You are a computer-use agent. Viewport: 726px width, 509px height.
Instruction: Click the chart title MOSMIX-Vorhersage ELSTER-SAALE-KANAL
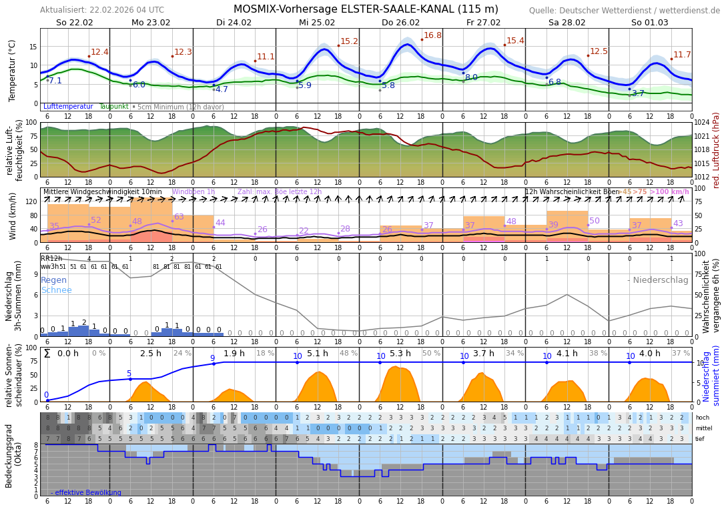(366, 9)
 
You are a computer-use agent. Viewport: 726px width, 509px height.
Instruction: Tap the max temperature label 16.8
(432, 35)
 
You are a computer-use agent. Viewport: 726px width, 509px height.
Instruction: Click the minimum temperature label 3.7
(638, 93)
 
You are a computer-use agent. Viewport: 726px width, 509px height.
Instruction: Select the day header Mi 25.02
(317, 22)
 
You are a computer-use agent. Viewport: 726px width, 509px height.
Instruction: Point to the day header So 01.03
(649, 22)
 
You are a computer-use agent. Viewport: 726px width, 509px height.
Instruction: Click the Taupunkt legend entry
(113, 106)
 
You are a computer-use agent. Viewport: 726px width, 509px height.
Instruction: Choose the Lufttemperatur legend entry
(68, 106)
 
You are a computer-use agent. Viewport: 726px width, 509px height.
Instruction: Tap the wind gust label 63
(179, 217)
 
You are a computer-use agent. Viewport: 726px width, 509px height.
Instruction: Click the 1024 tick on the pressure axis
(701, 123)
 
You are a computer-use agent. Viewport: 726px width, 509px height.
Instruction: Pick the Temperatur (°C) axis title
(12, 70)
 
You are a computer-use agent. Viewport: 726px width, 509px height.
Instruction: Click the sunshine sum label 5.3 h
(400, 354)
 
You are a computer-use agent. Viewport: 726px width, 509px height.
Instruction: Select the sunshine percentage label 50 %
(431, 354)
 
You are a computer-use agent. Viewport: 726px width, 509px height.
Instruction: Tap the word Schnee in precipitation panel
(56, 290)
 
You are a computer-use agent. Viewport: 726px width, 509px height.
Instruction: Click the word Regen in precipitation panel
(54, 280)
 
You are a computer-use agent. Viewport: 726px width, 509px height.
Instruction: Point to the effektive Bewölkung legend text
(86, 492)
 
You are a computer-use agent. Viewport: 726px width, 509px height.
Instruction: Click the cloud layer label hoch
(702, 418)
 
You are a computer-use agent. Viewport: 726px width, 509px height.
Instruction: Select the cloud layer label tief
(700, 439)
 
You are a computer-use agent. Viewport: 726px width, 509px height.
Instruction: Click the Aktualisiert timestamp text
(101, 10)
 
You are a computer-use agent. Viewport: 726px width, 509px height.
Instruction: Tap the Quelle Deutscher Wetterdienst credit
(624, 11)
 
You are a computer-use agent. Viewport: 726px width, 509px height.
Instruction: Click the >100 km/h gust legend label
(669, 191)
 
